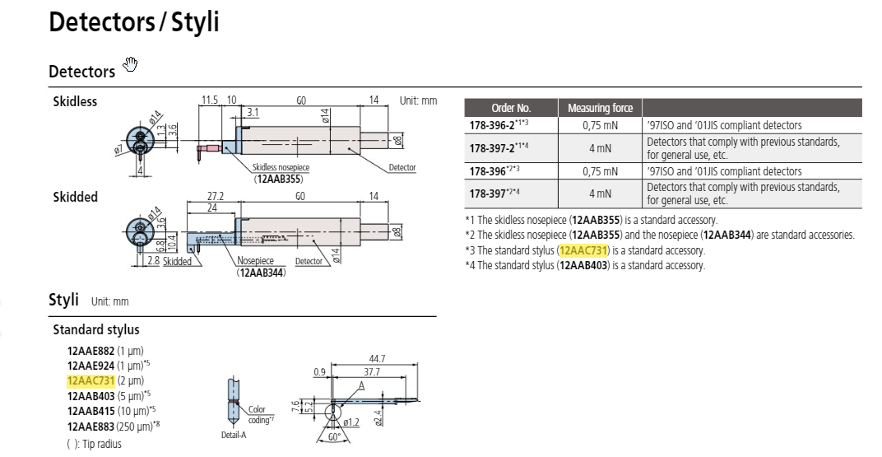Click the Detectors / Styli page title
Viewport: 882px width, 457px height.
tap(134, 22)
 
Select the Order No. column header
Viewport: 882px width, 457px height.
tap(511, 108)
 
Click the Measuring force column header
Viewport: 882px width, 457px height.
tap(600, 108)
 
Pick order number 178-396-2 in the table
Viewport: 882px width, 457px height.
tap(491, 125)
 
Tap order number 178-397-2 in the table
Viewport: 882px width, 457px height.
tap(491, 148)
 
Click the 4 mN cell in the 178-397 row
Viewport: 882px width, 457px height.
tap(600, 194)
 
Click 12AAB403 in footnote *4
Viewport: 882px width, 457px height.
tap(583, 265)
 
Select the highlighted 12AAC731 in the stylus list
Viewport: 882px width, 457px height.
tap(91, 380)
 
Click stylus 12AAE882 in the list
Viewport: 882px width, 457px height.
tap(91, 351)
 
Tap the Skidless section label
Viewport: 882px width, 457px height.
tap(75, 102)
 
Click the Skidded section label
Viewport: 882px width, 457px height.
tap(75, 197)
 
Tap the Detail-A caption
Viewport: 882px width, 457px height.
tap(234, 434)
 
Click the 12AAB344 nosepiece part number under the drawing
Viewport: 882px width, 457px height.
tap(261, 272)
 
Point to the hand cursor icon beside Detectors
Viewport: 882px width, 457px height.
tap(128, 64)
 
